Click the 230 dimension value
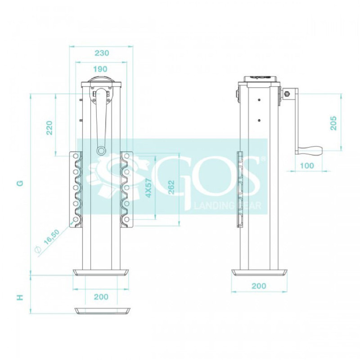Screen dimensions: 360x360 pyautogui.click(x=102, y=53)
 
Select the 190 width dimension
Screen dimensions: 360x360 pyautogui.click(x=100, y=69)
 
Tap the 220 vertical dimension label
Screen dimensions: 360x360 pyautogui.click(x=49, y=128)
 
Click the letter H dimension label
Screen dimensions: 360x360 pyautogui.click(x=20, y=297)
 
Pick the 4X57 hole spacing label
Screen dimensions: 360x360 pyautogui.click(x=149, y=188)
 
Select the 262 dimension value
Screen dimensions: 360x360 pyautogui.click(x=171, y=188)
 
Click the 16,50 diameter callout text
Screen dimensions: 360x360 pyautogui.click(x=52, y=237)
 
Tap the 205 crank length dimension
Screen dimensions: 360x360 pyautogui.click(x=333, y=123)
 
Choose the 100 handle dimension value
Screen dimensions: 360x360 pyautogui.click(x=307, y=165)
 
